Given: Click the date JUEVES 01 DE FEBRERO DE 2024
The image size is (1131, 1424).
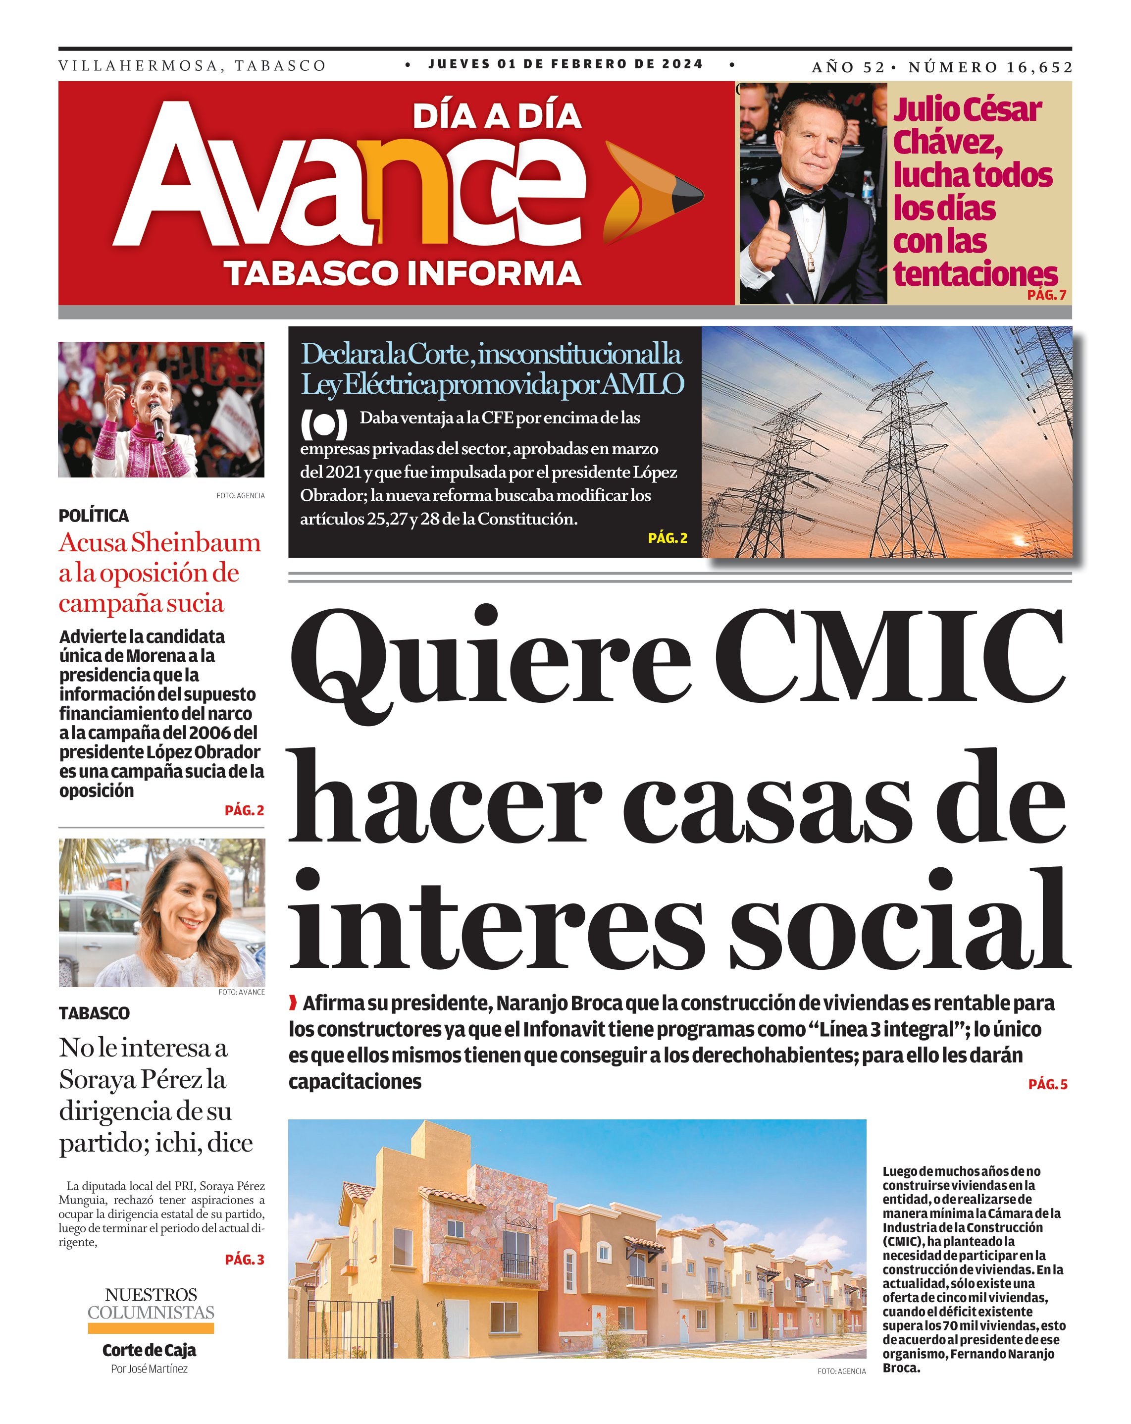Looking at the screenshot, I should (x=566, y=64).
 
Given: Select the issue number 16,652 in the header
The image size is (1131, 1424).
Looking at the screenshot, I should (x=1039, y=67).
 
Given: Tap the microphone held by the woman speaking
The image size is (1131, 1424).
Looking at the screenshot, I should (x=157, y=420).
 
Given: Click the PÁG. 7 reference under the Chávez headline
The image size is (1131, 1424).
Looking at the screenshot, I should (x=1046, y=295).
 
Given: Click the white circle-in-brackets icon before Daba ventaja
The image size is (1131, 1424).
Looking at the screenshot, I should (x=323, y=424).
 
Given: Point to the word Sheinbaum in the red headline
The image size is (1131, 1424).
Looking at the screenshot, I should (x=196, y=543).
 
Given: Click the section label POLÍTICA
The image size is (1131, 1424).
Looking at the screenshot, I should (x=94, y=515).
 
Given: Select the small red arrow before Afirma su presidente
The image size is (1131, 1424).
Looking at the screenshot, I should (x=293, y=1004).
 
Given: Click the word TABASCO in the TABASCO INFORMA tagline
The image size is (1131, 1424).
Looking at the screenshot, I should (x=311, y=273).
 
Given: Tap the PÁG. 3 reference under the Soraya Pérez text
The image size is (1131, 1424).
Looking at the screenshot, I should (x=244, y=1260).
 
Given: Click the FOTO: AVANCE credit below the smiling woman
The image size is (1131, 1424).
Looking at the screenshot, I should (x=241, y=992).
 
